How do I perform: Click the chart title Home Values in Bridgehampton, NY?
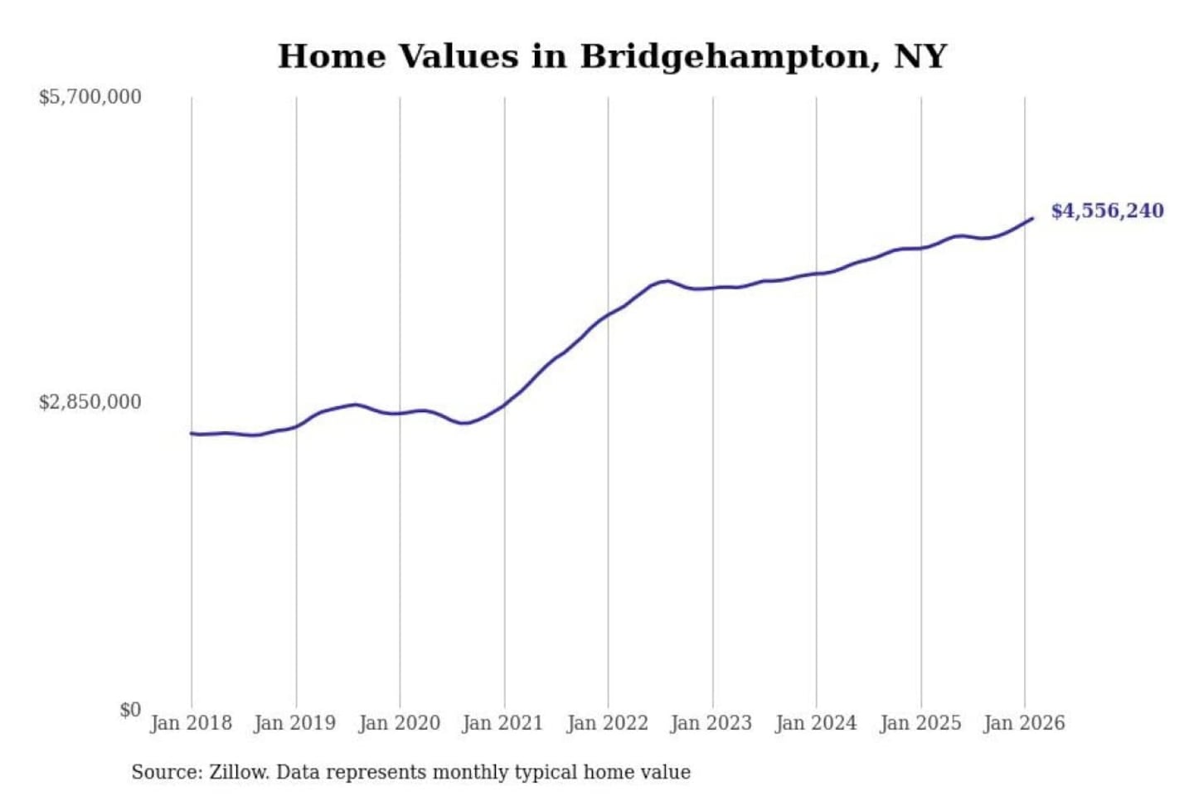click(x=612, y=56)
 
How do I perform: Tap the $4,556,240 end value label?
click(x=1107, y=211)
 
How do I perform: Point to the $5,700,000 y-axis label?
click(x=90, y=97)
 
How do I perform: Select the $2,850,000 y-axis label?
click(x=90, y=402)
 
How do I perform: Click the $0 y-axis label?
click(x=130, y=710)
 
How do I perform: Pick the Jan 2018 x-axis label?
click(x=191, y=723)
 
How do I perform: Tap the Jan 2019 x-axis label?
click(x=295, y=723)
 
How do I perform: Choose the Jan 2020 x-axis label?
click(x=399, y=723)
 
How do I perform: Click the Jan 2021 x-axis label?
click(x=502, y=723)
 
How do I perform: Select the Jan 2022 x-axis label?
click(x=607, y=723)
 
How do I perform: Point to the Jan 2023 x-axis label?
click(x=711, y=723)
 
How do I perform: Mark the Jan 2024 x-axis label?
click(x=815, y=723)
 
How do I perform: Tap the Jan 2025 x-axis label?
click(x=920, y=723)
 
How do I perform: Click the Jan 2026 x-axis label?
click(x=1023, y=723)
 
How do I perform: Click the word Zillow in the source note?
click(x=238, y=773)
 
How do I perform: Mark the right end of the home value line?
click(x=1032, y=218)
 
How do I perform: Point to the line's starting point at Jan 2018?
click(x=192, y=433)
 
